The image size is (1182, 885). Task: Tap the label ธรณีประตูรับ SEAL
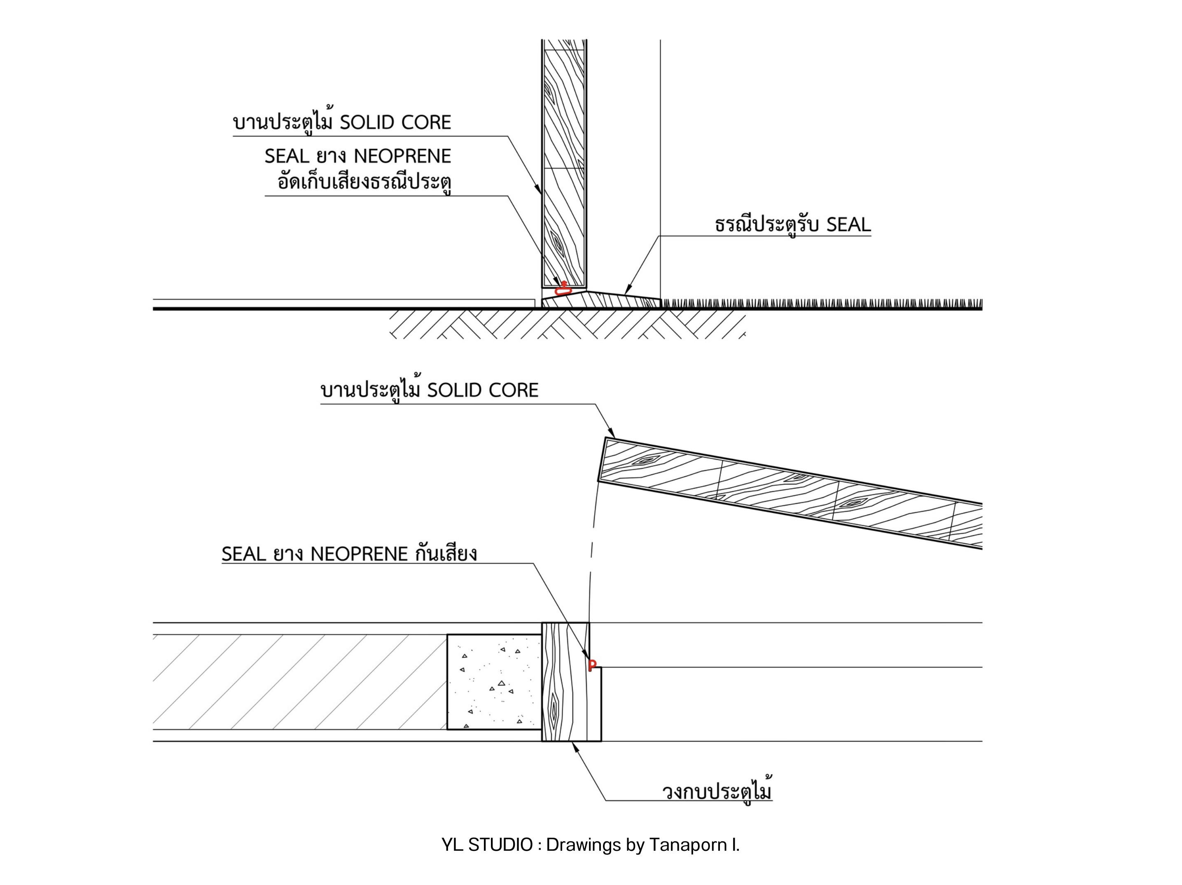tap(792, 225)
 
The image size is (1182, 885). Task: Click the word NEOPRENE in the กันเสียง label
tap(359, 554)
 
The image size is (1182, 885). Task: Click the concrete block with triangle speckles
tap(494, 681)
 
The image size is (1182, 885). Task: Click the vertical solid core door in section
tap(564, 163)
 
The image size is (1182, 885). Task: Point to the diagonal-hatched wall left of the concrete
tap(300, 681)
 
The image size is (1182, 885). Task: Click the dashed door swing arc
tap(591, 550)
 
